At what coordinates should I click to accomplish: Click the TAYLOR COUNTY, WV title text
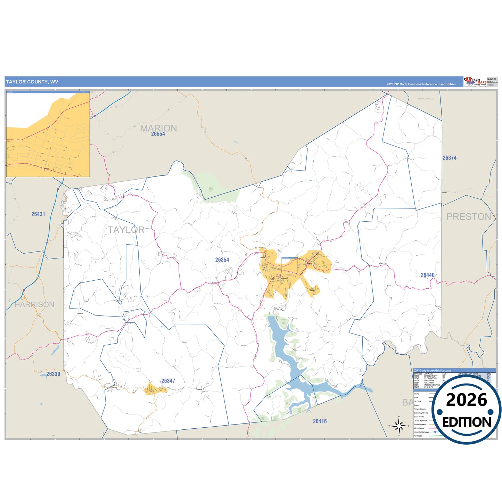coord(32,82)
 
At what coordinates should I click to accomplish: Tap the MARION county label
coord(158,128)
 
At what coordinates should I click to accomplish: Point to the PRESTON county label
coord(469,217)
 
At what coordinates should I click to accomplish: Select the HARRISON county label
coord(34,305)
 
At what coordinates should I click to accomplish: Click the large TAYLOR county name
coord(126,230)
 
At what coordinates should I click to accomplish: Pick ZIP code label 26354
coord(222,260)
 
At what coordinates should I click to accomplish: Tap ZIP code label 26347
coord(168,381)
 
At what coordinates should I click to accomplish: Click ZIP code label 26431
coord(38,214)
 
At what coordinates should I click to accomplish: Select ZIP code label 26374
coord(449,158)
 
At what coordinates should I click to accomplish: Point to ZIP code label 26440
coord(427,275)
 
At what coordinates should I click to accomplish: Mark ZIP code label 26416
coord(320,421)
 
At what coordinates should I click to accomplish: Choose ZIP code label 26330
coord(53,374)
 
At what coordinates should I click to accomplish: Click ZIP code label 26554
coord(158,134)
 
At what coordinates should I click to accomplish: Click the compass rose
coord(399,425)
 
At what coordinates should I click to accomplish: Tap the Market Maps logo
coord(475,82)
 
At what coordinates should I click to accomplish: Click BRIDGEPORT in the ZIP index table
coord(431,376)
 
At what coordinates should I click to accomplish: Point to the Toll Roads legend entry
coord(418,436)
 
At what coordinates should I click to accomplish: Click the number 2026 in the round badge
coord(466,400)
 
